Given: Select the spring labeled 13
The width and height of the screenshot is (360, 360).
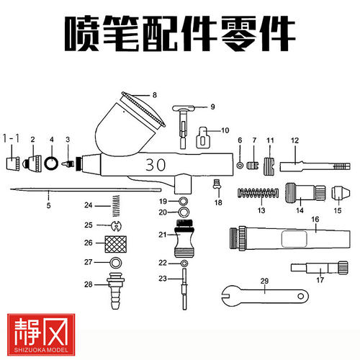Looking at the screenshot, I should tap(257, 193).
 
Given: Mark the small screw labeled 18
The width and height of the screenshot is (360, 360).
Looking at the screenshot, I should tap(215, 185).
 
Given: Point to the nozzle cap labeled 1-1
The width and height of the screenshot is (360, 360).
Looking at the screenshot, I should tap(12, 162).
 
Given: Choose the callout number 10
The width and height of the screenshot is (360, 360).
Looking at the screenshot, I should tap(224, 130).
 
